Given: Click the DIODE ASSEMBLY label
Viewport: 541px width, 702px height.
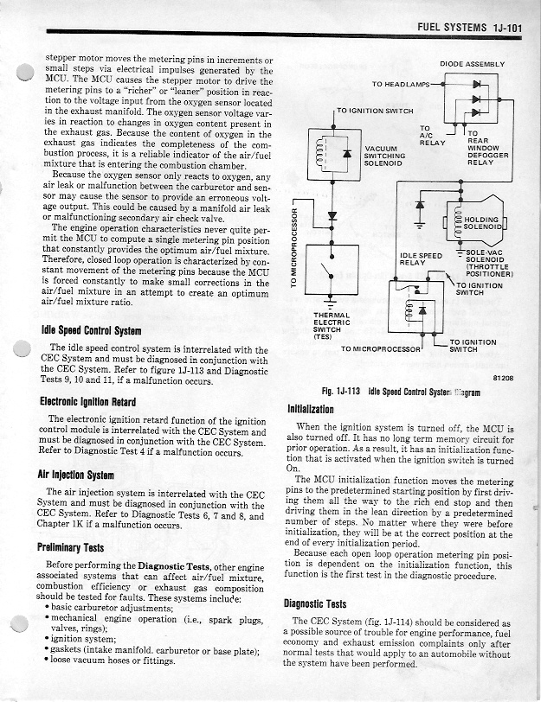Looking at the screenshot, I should pos(472,64).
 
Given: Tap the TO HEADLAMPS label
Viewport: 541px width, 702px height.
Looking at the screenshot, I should pos(400,84).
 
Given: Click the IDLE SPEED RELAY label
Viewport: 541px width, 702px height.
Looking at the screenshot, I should pos(422,259).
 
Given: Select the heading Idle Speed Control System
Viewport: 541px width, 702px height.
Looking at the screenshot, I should pos(92,331).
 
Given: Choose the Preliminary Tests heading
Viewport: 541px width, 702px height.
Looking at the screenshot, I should pos(71,546).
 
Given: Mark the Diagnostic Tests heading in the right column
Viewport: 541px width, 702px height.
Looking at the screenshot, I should pos(315,603).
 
